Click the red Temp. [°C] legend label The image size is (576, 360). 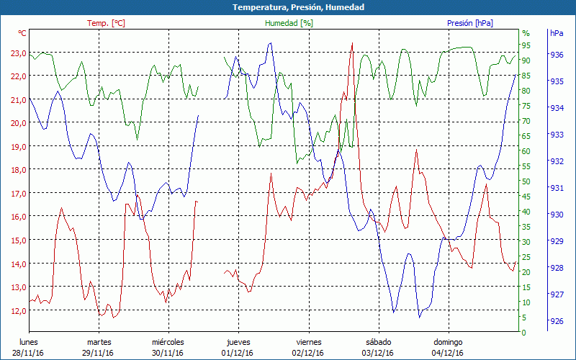tap(107, 23)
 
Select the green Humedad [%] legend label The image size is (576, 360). tap(289, 23)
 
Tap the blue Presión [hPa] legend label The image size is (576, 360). tap(470, 23)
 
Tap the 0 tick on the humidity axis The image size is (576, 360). tap(523, 333)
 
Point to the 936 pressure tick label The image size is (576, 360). tap(557, 55)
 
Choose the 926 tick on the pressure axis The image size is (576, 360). tap(557, 321)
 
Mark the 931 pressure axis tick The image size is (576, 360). tap(557, 188)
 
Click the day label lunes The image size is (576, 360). tap(28, 342)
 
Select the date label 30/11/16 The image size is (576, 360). tap(168, 353)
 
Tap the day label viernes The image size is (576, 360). tap(308, 342)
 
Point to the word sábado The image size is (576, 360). tap(378, 342)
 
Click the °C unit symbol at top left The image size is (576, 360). tap(22, 33)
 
